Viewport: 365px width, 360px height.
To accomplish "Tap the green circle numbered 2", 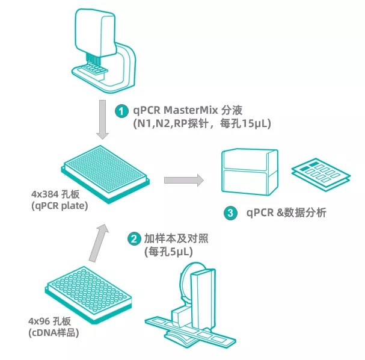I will coord(133,238).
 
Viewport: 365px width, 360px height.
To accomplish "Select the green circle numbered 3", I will coord(229,213).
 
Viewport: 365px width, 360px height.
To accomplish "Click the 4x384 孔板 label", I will coord(52,194).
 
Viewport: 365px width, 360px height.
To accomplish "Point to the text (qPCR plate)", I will coord(56,206).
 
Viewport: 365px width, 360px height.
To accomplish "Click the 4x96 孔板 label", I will coord(49,320).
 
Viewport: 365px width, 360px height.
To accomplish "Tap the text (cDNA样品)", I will coord(54,332).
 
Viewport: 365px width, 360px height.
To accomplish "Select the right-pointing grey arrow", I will coord(183,179).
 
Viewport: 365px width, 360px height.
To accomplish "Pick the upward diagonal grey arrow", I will coord(99,241).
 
